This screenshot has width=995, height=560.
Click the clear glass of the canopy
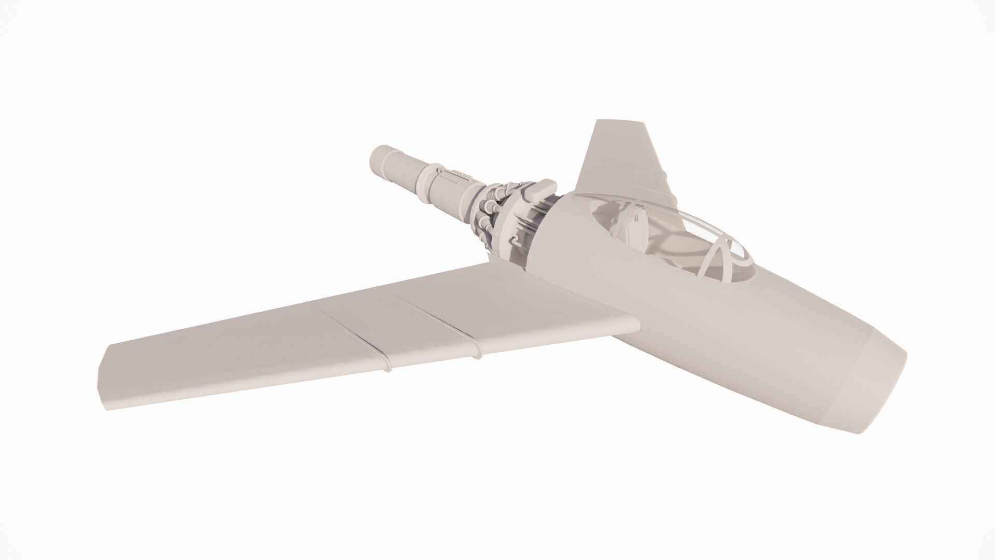689,223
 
